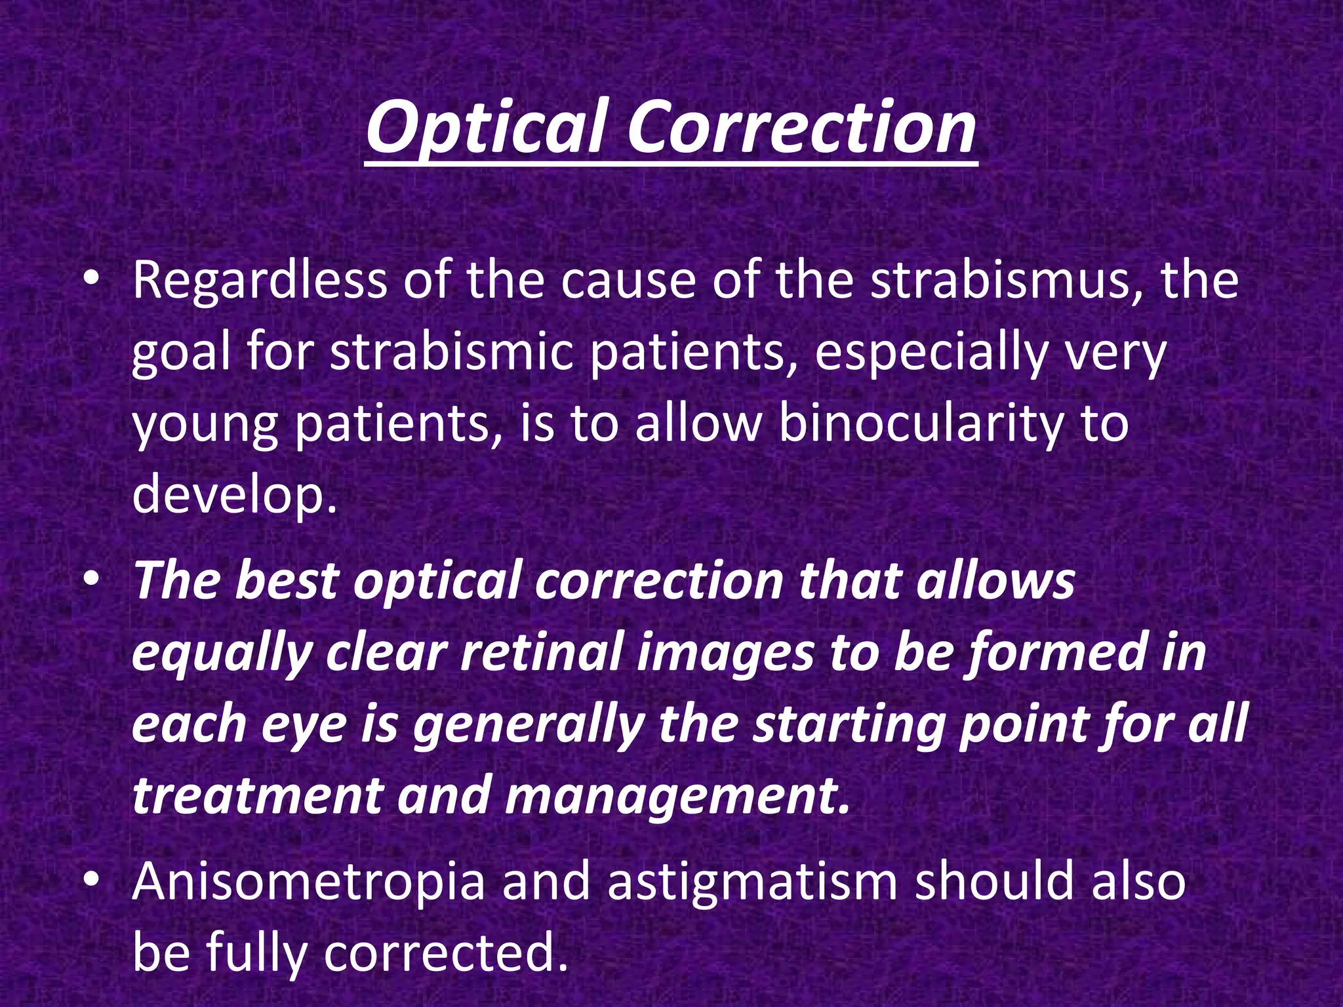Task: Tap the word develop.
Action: click(x=235, y=497)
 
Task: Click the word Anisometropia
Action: click(x=308, y=882)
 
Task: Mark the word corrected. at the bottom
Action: click(x=446, y=953)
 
